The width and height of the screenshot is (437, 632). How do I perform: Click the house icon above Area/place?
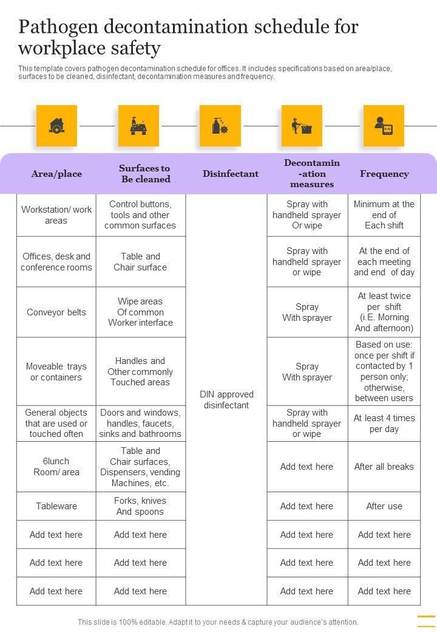[x=56, y=126]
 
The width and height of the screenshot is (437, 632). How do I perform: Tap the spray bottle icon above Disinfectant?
[x=220, y=126]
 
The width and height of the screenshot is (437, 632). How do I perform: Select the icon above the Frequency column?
[x=384, y=126]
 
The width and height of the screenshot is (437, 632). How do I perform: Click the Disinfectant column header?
[x=231, y=174]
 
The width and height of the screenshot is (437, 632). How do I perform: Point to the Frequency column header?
[x=384, y=174]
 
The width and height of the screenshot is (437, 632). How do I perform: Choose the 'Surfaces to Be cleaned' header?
[x=144, y=174]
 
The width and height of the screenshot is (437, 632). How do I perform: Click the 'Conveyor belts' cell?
[x=56, y=312]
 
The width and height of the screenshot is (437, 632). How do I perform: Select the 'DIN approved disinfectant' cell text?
[x=226, y=400]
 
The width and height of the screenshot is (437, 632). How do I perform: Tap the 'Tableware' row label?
[x=56, y=506]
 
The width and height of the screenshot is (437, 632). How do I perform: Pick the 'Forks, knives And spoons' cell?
[x=140, y=506]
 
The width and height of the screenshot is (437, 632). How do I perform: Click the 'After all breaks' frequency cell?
[x=384, y=467]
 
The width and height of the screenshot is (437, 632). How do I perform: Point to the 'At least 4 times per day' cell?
[x=384, y=424]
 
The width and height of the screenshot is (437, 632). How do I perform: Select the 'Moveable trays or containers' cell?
[x=56, y=372]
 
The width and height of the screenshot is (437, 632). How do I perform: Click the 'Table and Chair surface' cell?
[x=140, y=262]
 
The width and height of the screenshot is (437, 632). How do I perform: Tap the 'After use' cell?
[x=384, y=506]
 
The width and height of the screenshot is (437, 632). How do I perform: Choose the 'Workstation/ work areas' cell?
[x=56, y=215]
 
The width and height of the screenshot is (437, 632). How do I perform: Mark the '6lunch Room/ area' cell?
[x=56, y=467]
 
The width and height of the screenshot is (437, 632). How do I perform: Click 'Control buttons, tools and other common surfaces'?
[x=140, y=215]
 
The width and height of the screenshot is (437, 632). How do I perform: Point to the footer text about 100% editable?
[x=218, y=622]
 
